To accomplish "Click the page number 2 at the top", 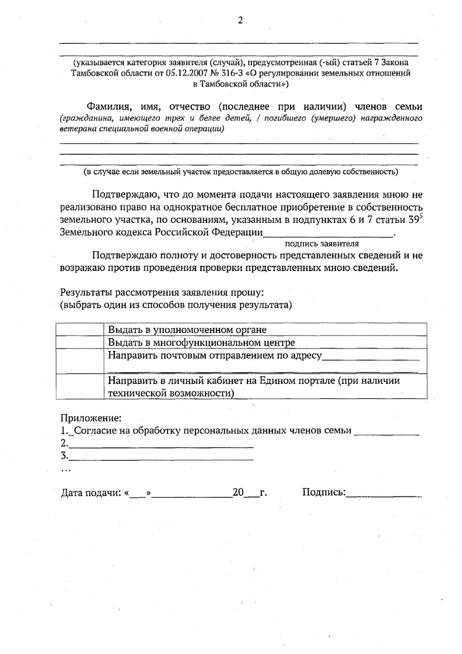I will point(240,21).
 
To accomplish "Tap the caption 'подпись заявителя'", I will point(321,244).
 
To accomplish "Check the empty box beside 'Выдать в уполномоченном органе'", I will point(80,330).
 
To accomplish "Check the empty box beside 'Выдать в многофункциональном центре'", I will point(80,342).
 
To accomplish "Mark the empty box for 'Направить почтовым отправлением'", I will point(80,361).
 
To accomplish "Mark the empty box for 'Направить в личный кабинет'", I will point(80,387).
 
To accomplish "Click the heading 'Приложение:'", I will point(91,417).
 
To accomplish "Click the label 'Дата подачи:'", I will point(91,493).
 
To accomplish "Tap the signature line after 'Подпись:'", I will point(384,495).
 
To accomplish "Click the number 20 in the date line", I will point(238,493).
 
